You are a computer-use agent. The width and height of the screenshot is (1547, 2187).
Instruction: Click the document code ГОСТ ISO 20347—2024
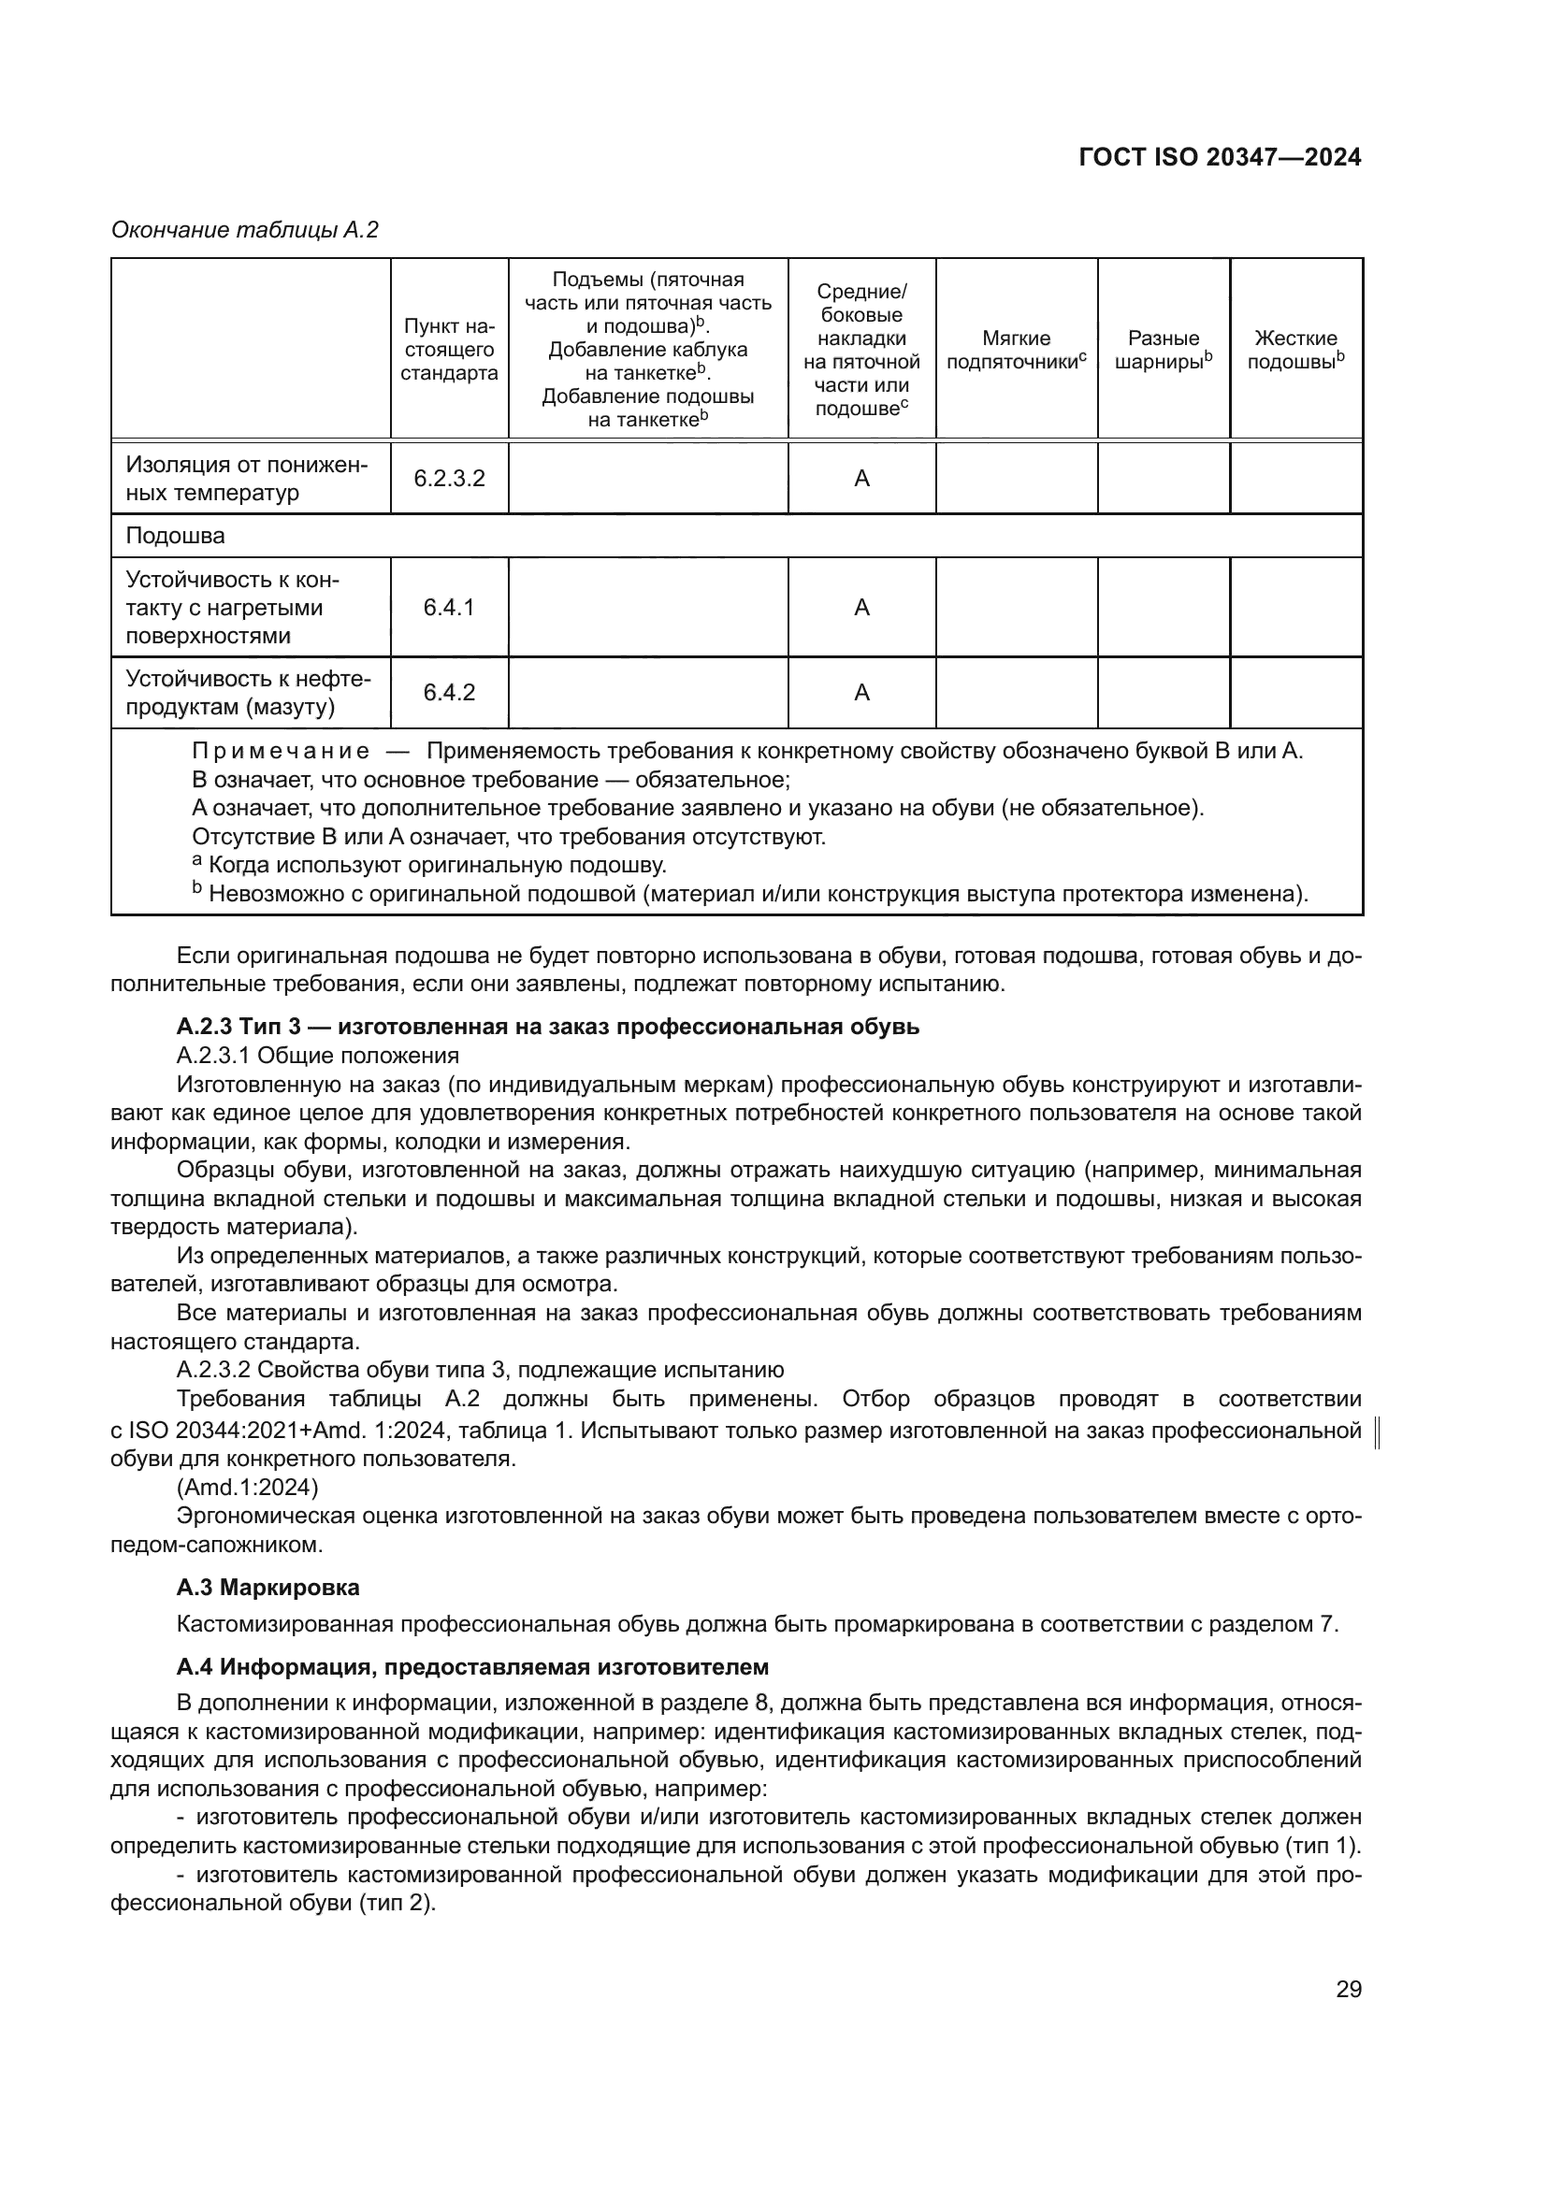1220,158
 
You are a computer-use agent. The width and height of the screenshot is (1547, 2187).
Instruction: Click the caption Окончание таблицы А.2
245,231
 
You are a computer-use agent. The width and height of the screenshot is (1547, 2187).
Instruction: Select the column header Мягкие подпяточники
1017,350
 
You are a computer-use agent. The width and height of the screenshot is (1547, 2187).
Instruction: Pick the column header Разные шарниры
1164,350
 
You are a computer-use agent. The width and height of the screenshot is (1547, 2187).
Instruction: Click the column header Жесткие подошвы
1295,350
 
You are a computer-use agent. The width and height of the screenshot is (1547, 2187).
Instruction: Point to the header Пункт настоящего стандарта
449,350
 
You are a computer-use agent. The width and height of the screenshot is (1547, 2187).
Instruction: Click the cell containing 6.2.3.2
449,478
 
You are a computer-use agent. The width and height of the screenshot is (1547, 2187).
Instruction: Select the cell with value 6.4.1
449,607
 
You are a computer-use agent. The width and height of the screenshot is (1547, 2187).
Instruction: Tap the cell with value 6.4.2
449,693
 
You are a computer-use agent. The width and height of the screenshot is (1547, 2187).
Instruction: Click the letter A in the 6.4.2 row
861,693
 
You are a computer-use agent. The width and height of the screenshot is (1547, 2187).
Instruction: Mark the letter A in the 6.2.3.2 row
861,478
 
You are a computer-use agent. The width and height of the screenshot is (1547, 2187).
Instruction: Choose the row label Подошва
175,536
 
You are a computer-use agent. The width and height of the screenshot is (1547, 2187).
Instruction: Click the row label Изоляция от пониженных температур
247,478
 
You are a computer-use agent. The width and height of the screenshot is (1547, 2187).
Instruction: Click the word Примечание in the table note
281,751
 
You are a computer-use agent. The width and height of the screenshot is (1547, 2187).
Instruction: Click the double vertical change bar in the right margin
1380,1432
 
